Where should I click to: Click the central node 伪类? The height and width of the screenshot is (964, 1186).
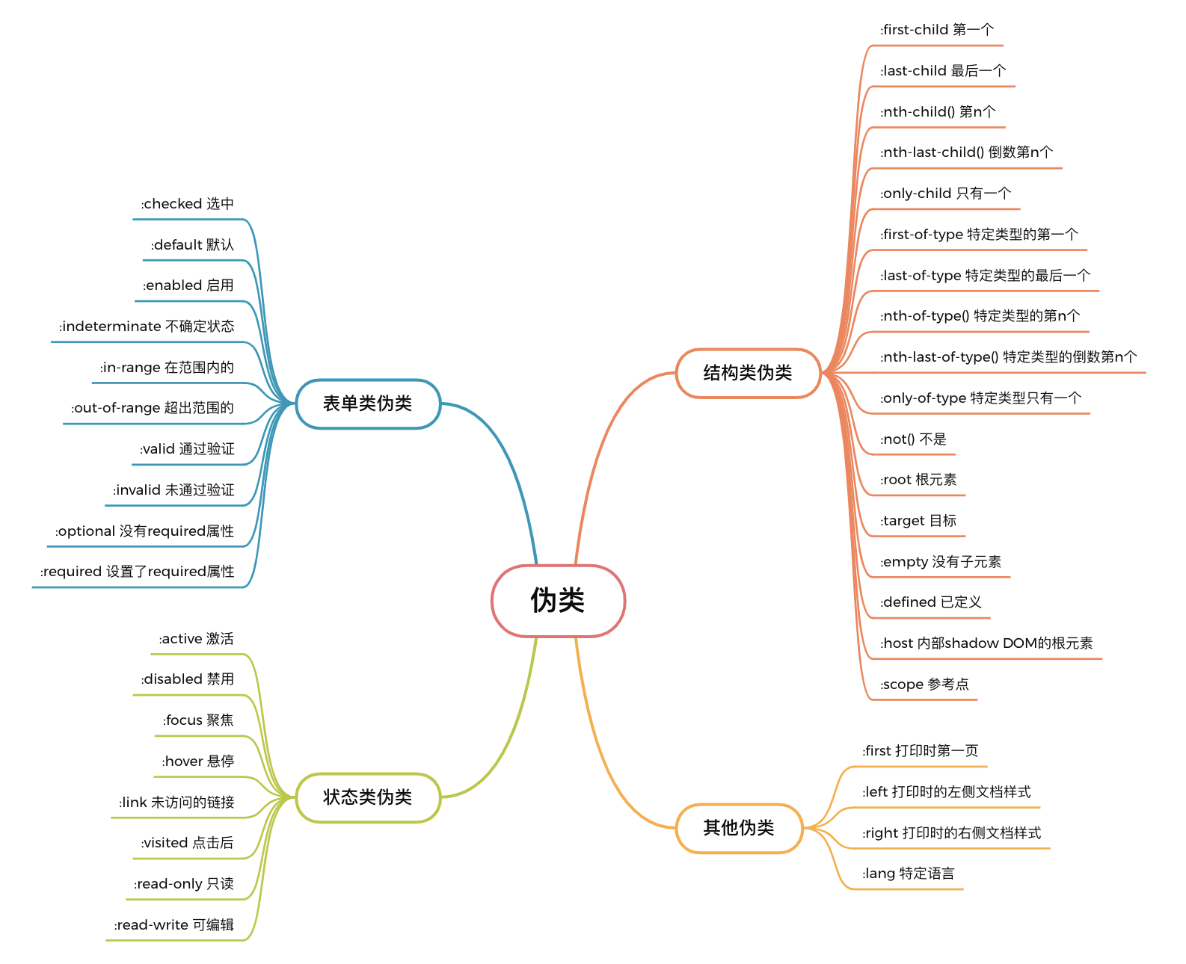(558, 601)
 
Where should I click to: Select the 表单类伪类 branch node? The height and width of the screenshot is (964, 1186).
(368, 404)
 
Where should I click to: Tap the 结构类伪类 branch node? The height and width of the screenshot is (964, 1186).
(748, 373)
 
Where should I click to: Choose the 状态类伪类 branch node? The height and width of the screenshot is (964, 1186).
(368, 797)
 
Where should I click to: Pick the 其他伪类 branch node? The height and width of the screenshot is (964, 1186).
(739, 828)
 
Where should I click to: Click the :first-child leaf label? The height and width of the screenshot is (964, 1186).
(937, 30)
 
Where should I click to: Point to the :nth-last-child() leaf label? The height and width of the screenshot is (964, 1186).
(966, 152)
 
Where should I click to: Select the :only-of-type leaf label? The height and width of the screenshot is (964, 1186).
(980, 398)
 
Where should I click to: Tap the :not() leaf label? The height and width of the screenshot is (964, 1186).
(913, 439)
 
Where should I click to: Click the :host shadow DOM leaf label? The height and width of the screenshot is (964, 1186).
(986, 643)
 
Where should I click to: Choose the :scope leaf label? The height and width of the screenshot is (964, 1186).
(924, 685)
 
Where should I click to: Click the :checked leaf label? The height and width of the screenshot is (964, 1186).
(188, 204)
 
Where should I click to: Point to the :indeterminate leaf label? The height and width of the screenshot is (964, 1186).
(147, 327)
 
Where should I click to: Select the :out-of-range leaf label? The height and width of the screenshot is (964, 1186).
(153, 408)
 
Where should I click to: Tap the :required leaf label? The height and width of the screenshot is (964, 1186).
(138, 572)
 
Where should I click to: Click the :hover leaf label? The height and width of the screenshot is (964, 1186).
(198, 761)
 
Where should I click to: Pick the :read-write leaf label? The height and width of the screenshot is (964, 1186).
(174, 925)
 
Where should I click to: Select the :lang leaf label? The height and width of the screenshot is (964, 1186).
(909, 874)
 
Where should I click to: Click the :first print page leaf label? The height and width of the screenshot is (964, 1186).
(921, 751)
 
